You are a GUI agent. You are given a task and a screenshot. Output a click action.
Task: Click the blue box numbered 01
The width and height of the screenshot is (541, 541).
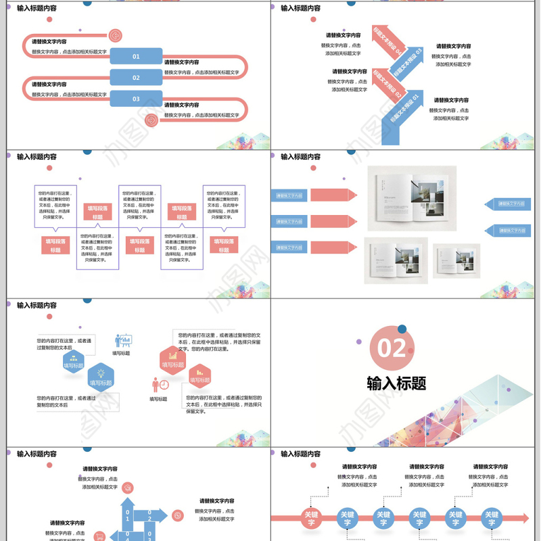click(x=136, y=56)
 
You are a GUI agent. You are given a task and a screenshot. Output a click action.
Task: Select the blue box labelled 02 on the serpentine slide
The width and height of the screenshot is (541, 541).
click(x=136, y=78)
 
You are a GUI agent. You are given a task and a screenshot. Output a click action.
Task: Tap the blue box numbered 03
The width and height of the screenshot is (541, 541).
click(x=136, y=99)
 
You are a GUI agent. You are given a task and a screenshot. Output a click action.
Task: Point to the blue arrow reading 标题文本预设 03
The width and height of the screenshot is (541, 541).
click(x=408, y=62)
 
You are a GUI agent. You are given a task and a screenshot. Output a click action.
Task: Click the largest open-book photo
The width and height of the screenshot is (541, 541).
click(x=412, y=197)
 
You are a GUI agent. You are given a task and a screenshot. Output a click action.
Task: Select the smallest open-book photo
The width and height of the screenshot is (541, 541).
click(x=456, y=260)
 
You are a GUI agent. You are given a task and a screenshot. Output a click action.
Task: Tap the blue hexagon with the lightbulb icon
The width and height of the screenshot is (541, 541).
click(x=101, y=377)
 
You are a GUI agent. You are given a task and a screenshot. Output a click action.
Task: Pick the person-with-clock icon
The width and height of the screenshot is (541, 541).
click(x=160, y=385)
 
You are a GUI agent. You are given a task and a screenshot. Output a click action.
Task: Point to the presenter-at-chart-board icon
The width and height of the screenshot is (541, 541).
click(x=123, y=341)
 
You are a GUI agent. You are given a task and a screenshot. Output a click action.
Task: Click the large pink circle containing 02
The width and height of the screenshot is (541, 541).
click(x=392, y=348)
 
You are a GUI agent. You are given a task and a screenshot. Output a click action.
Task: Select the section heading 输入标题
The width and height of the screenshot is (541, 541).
click(x=396, y=383)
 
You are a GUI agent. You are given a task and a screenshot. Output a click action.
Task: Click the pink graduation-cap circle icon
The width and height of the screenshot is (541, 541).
click(x=128, y=488)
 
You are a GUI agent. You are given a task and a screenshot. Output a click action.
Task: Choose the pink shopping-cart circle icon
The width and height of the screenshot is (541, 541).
click(x=178, y=515)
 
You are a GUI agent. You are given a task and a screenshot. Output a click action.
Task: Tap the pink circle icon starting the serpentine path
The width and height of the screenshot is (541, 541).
click(x=115, y=35)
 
